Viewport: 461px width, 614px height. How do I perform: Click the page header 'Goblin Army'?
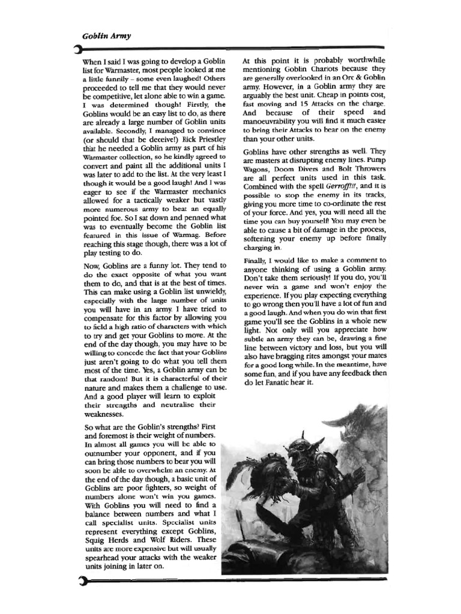coord(106,36)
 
